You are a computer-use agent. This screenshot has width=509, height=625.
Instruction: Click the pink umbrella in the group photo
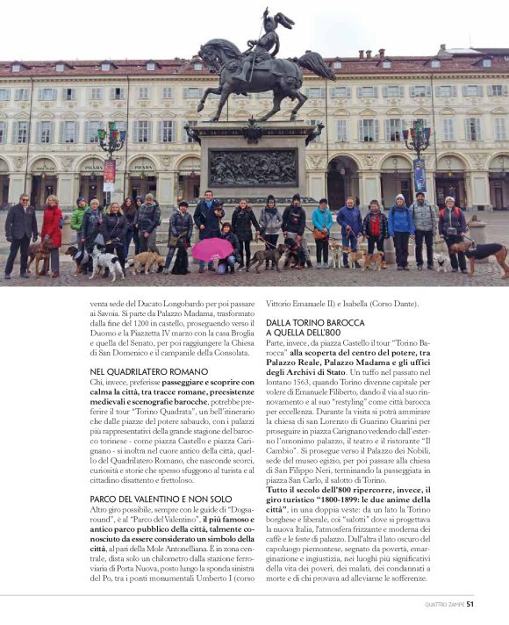click(x=213, y=249)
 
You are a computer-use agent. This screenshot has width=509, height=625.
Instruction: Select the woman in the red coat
click(x=52, y=230)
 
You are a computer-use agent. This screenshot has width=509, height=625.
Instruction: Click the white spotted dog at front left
click(x=106, y=262)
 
